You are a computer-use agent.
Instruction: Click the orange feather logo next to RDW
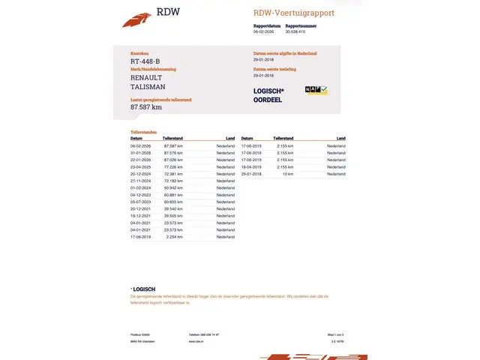coord(136,19)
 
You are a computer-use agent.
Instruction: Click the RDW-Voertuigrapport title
coord(294,13)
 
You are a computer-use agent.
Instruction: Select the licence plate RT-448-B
coord(145,61)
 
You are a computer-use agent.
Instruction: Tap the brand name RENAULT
coord(145,77)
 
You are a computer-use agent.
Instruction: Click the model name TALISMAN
coord(148,87)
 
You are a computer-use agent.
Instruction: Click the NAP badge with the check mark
coord(316,91)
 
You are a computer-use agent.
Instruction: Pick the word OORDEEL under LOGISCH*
coord(268,100)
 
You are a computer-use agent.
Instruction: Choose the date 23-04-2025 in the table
coord(141,167)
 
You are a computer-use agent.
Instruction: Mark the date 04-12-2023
coord(141,195)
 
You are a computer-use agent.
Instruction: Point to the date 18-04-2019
coord(251,167)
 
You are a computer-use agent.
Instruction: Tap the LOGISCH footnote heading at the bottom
coord(143,289)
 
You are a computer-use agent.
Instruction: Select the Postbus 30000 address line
coord(141,334)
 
